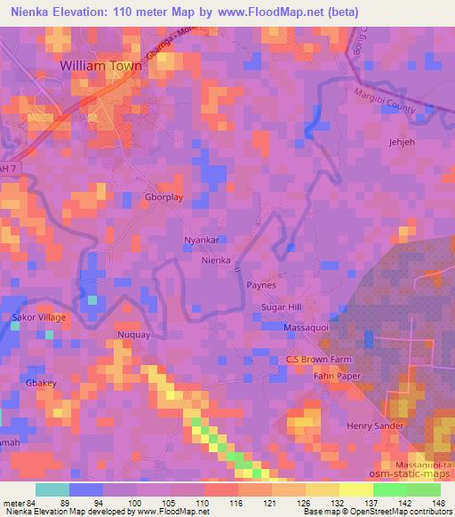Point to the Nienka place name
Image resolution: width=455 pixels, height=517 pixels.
point(216,260)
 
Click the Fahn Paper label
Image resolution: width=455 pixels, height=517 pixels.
point(334,375)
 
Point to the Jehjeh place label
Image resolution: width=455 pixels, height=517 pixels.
point(403,141)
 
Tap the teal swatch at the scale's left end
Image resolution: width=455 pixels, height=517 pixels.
point(53,489)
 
